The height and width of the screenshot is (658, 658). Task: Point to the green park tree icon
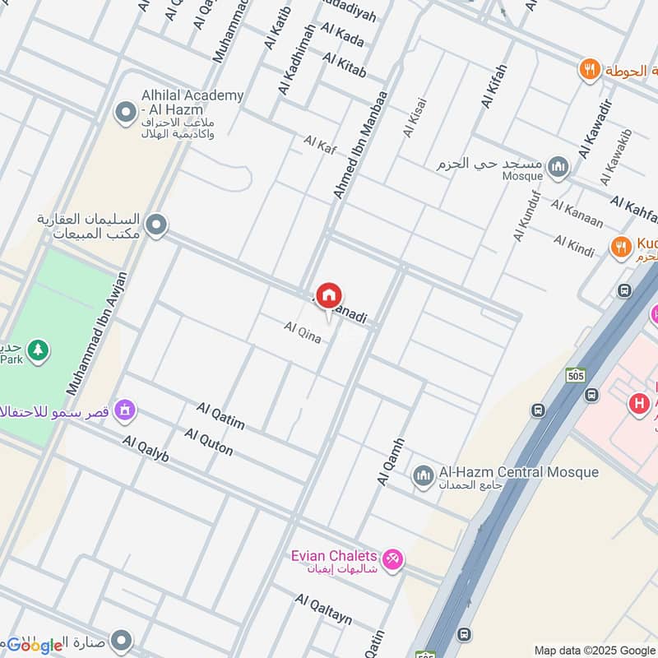point(37,351)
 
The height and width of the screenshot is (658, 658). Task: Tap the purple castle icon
point(125,409)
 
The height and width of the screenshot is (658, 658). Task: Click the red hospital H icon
point(637,404)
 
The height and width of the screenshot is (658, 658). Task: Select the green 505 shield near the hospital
point(575,376)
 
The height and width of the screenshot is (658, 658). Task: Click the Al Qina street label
point(302,332)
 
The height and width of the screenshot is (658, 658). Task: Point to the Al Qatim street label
point(220,416)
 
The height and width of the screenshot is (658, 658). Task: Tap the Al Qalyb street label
point(146,449)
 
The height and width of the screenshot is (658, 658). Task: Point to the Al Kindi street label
point(573,246)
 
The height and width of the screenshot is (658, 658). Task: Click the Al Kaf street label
point(320,144)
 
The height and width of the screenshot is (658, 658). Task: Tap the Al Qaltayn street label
point(323,612)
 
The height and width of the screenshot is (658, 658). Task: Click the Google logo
point(35,645)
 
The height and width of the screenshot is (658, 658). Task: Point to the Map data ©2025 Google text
point(595,650)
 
